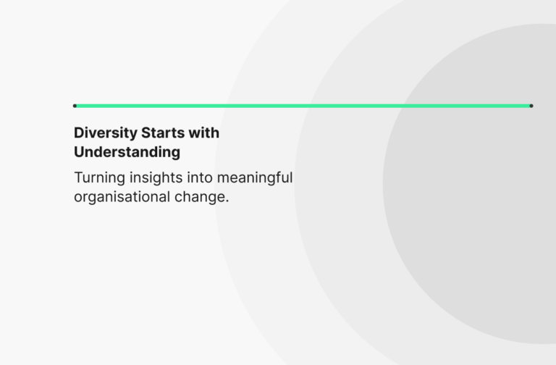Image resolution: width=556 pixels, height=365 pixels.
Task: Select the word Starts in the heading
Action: (x=163, y=133)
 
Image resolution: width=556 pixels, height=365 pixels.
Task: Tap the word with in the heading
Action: (x=204, y=133)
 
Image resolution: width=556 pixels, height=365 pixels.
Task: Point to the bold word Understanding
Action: (x=127, y=153)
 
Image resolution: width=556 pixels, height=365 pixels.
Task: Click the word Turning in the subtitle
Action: (x=99, y=178)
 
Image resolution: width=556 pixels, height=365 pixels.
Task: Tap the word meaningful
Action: (x=255, y=178)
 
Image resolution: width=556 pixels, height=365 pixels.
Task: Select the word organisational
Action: (x=122, y=197)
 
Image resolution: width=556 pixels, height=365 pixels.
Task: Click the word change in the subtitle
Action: (x=199, y=197)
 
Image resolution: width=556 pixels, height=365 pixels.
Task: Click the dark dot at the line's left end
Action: (x=75, y=106)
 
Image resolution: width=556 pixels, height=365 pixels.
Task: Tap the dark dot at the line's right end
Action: (x=531, y=106)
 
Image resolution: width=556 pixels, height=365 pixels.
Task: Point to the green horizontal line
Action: (x=303, y=106)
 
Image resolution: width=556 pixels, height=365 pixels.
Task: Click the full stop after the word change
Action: (x=227, y=201)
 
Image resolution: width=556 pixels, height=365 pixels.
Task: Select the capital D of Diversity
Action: (x=80, y=133)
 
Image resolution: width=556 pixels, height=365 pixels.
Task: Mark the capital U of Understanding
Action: (x=80, y=152)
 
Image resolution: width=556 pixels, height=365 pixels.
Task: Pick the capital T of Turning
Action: (x=79, y=177)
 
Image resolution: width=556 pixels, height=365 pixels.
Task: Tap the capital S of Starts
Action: (x=146, y=133)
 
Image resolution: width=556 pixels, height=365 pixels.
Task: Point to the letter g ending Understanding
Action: (x=175, y=154)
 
